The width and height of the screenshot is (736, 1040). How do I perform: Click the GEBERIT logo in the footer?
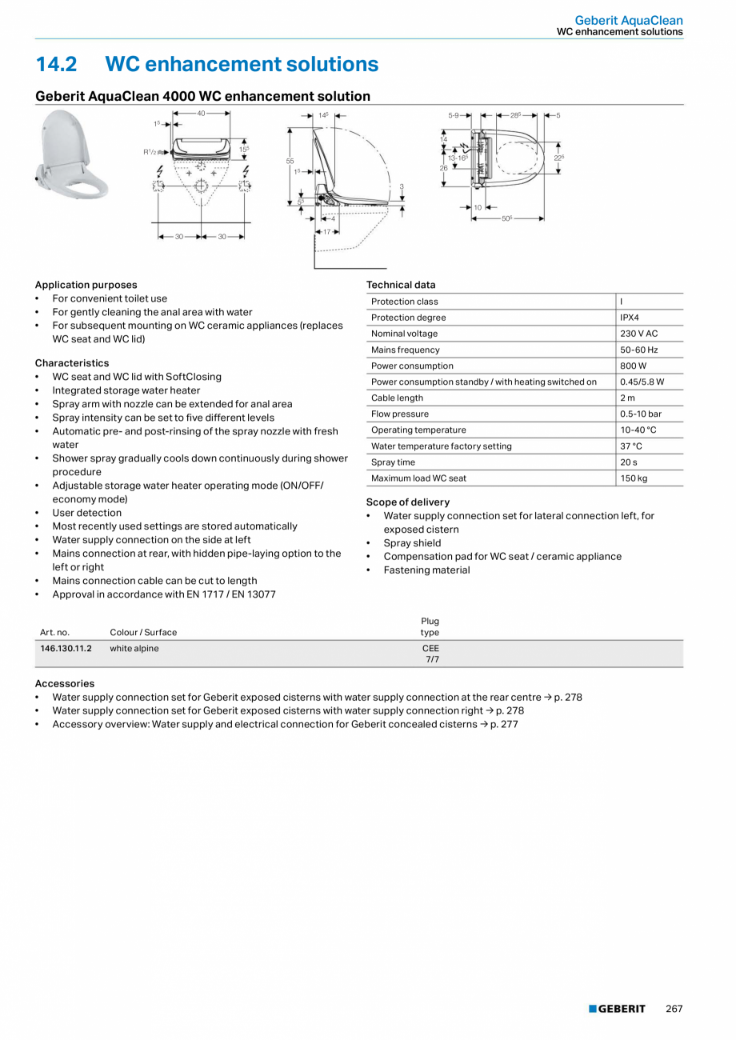[617, 1009]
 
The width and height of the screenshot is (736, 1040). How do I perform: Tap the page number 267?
[674, 1009]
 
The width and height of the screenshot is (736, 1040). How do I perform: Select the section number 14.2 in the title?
[56, 64]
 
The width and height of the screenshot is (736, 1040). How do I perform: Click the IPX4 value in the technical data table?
[630, 318]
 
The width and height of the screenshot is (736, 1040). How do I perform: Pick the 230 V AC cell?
[638, 334]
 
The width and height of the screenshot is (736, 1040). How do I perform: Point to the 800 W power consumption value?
[633, 366]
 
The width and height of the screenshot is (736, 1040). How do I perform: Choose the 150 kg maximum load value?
[634, 478]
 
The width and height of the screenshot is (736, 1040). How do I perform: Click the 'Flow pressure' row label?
[400, 414]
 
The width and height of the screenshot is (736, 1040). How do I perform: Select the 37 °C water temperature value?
[631, 446]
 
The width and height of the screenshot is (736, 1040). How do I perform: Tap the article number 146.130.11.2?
[66, 649]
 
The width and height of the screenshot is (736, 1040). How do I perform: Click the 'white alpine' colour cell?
[134, 649]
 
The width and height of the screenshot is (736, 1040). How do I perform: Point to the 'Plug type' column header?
[430, 626]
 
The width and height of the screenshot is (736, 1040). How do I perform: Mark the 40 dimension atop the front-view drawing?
[202, 114]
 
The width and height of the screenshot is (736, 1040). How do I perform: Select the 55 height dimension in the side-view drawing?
[290, 161]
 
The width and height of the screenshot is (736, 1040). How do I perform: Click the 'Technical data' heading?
[401, 285]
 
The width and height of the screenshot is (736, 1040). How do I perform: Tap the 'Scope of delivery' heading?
[407, 502]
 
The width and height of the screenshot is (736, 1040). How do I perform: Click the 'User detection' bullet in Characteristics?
[87, 513]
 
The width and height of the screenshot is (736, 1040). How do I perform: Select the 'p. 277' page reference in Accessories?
[510, 724]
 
